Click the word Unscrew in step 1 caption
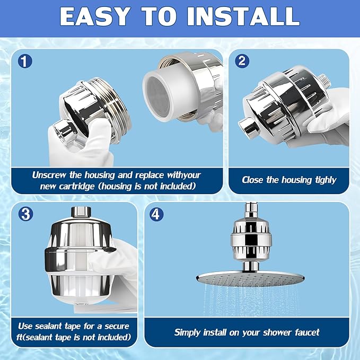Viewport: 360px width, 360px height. coord(50,175)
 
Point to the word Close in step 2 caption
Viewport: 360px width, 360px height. coord(253,180)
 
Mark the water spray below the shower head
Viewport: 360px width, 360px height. coord(249,305)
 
